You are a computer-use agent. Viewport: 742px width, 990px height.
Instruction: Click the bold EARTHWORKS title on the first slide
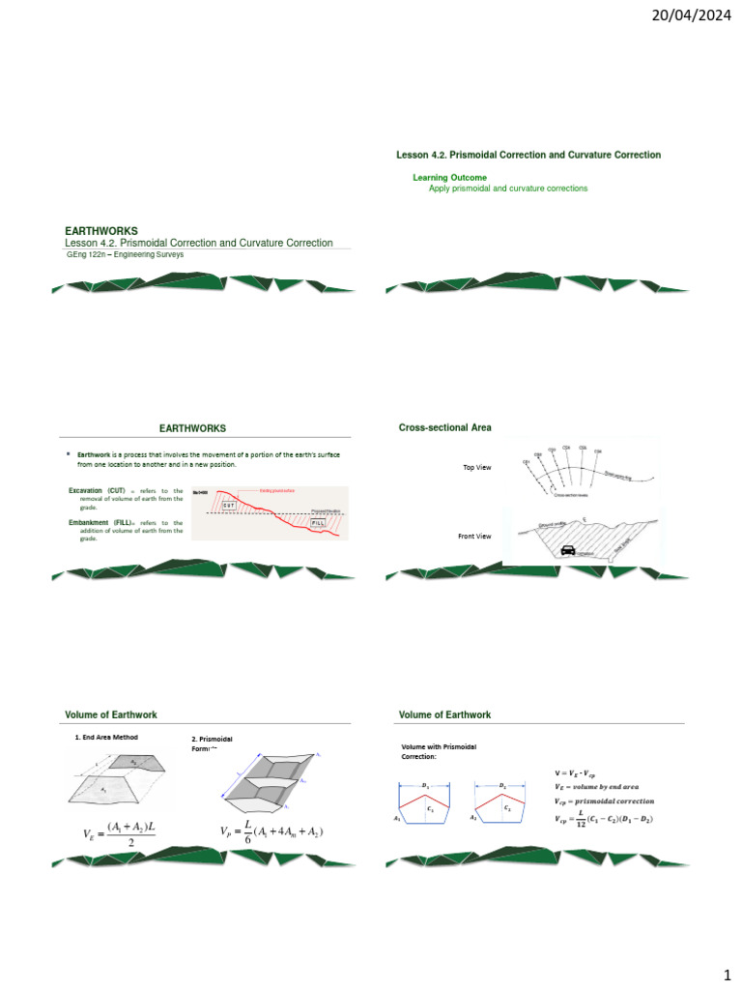(101, 231)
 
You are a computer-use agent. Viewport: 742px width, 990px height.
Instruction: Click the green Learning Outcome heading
(449, 178)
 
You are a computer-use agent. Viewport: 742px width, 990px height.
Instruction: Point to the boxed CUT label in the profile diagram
(229, 505)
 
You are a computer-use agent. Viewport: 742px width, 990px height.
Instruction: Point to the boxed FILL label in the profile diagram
(318, 522)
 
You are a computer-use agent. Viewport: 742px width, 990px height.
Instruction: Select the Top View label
(477, 468)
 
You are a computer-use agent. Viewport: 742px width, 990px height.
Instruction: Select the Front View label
(474, 536)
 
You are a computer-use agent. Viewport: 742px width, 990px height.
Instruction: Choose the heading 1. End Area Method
(106, 738)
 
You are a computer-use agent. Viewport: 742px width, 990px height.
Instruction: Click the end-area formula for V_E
(122, 833)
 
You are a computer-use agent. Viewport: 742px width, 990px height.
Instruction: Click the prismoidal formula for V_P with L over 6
(271, 831)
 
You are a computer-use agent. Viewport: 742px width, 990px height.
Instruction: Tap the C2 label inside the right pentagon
(507, 805)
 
